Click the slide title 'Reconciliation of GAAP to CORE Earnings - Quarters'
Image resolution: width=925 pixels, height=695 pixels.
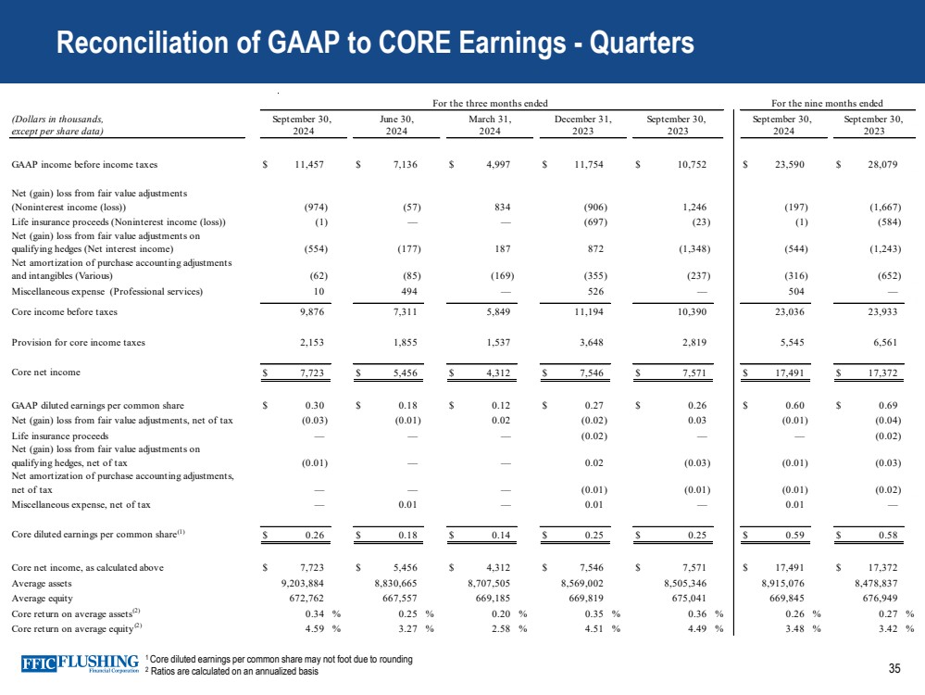[x=375, y=44]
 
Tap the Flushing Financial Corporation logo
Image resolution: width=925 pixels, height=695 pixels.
[x=81, y=664]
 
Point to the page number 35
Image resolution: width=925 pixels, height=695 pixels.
[x=894, y=669]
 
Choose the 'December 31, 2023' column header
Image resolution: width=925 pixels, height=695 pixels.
[x=583, y=125]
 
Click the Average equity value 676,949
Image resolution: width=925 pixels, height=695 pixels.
[x=878, y=599]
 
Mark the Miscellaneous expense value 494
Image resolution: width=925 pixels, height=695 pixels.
[x=407, y=292]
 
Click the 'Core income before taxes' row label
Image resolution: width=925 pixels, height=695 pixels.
[x=64, y=312]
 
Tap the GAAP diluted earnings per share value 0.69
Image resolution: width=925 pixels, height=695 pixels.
[x=878, y=406]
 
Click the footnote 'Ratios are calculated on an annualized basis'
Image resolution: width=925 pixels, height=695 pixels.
[x=234, y=672]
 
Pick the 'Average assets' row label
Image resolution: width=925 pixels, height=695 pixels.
[x=43, y=584]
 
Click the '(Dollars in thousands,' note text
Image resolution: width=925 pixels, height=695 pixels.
[x=57, y=119]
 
